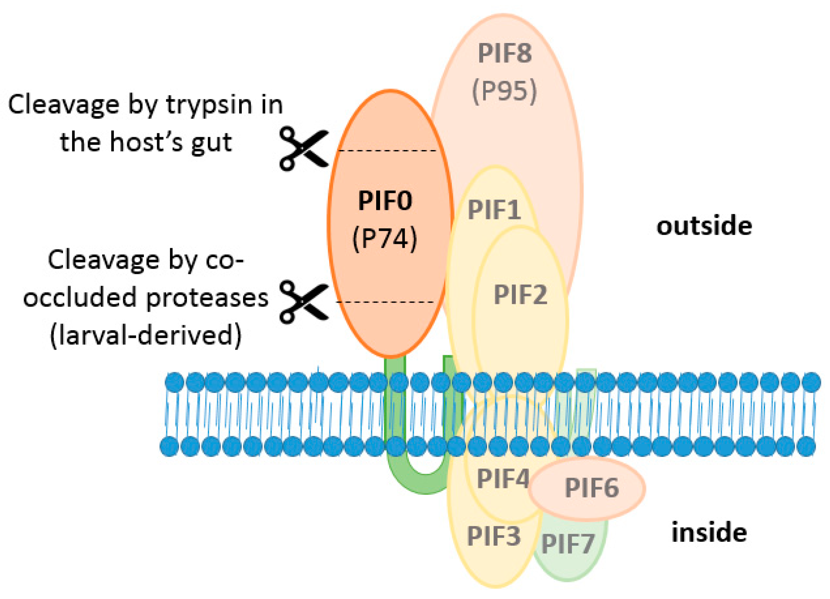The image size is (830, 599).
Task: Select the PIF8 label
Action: [505, 53]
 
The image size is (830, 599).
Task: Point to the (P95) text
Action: [505, 92]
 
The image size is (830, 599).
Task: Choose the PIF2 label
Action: [520, 295]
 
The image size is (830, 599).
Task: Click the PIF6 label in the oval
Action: [592, 488]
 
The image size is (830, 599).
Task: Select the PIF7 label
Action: [568, 544]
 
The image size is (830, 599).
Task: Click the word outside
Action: [704, 226]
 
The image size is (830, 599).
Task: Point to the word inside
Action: [709, 533]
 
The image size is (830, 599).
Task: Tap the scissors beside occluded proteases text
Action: [304, 302]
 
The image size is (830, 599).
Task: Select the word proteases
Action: [207, 299]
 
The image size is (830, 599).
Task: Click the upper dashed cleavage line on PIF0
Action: [388, 150]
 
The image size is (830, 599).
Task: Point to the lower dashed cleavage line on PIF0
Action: [385, 302]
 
